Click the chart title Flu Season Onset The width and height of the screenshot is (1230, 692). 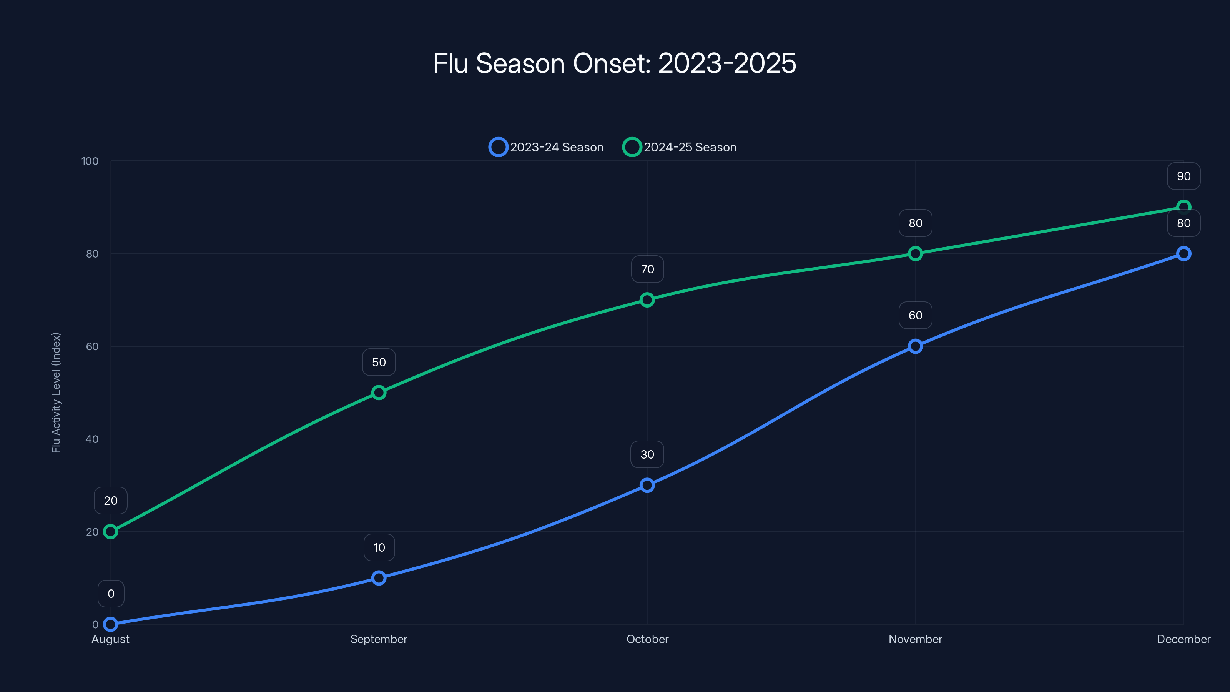615,63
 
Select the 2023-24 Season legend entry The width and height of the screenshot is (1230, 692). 546,147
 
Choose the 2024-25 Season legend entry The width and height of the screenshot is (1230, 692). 680,147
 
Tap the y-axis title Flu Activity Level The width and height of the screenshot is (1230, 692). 56,393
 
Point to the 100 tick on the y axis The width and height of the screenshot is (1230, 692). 90,161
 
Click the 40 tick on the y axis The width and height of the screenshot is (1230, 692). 92,439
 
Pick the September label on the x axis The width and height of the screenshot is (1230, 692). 379,639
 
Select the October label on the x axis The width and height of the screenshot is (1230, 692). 647,639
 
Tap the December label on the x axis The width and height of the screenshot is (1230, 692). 1183,639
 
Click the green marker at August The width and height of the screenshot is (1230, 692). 111,532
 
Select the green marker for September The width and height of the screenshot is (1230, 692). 379,393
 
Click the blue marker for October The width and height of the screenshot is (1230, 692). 647,485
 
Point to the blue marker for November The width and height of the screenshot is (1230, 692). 915,346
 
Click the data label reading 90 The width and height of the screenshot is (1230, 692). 1183,176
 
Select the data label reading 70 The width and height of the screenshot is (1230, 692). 647,269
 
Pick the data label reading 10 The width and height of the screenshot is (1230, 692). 379,547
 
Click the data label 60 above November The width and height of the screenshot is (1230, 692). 915,315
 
